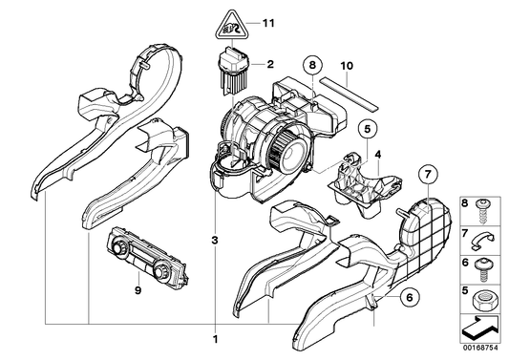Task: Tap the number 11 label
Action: pyautogui.click(x=266, y=22)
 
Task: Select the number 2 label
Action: pyautogui.click(x=270, y=65)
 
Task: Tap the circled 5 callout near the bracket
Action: pyautogui.click(x=366, y=128)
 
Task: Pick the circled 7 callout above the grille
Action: pyautogui.click(x=427, y=175)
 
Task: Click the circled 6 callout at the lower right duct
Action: pyautogui.click(x=408, y=297)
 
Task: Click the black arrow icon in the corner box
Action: pyautogui.click(x=483, y=325)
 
